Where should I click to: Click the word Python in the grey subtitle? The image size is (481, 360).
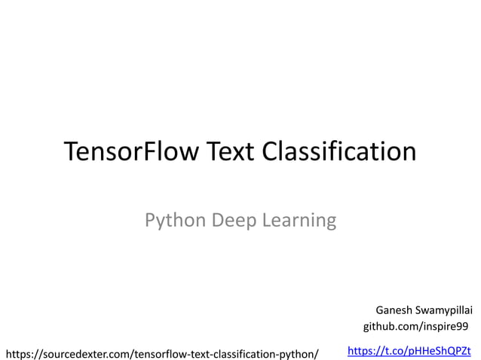coord(171,221)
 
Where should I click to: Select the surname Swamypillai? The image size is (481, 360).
coord(446,310)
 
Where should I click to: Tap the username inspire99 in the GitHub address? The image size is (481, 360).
coord(445,327)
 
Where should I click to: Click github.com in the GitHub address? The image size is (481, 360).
coord(389,327)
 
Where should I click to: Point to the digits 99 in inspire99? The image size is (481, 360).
coord(462,327)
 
